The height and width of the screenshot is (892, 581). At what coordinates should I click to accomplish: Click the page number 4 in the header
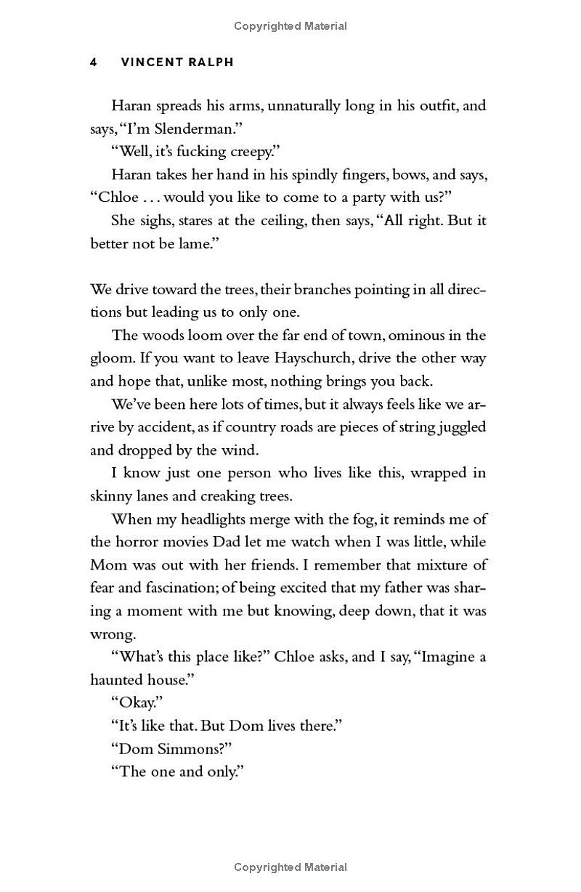[94, 62]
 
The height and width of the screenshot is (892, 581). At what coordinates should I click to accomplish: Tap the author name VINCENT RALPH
[177, 62]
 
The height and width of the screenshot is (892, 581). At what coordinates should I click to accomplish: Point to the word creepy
[247, 152]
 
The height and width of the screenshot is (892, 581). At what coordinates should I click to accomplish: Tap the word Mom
[109, 565]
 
